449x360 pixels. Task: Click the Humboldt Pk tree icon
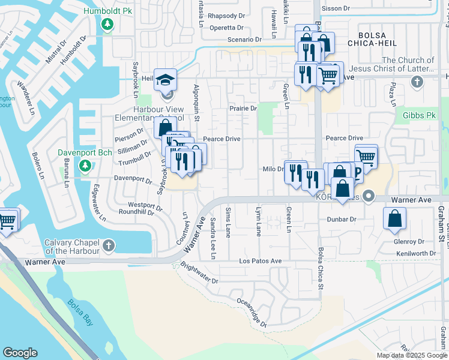tap(107, 25)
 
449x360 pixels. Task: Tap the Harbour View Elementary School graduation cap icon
tap(165, 80)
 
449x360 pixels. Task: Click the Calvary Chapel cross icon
tap(108, 245)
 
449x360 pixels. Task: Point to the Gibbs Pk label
tap(419, 115)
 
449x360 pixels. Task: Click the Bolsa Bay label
tap(80, 312)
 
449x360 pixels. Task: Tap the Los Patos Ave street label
tap(260, 261)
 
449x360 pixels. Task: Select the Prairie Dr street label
tap(243, 109)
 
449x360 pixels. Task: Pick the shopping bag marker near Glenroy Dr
tap(396, 220)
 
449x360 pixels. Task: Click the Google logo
tap(20, 353)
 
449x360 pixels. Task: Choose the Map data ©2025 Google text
tap(411, 355)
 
